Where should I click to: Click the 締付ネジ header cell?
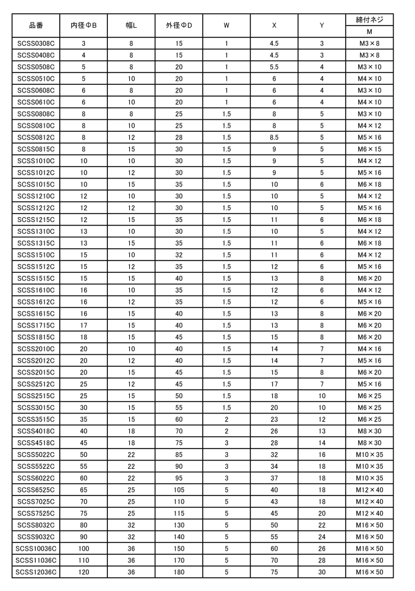(369, 20)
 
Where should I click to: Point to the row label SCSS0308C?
(36, 44)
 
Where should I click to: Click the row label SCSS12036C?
(36, 571)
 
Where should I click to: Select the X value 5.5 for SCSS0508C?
(274, 67)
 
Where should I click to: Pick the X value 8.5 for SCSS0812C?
(274, 137)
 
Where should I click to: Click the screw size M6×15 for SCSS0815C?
(369, 149)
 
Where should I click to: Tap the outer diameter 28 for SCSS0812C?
(179, 137)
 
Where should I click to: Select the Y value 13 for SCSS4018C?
(321, 430)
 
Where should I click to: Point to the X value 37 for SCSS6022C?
(274, 478)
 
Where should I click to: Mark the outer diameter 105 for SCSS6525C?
(179, 489)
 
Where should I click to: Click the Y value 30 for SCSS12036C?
(321, 571)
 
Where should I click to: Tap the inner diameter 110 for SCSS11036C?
(84, 560)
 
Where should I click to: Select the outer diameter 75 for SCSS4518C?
(179, 442)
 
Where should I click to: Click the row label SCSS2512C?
(36, 383)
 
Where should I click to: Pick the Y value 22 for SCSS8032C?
(321, 525)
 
